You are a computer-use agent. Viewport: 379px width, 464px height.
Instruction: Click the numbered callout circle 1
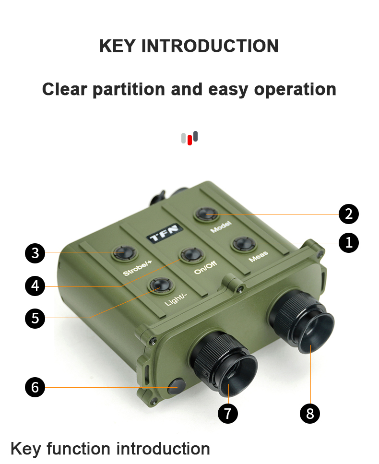[348, 243]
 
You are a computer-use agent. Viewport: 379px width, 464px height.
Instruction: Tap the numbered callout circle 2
[348, 214]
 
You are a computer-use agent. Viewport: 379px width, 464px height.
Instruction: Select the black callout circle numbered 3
[35, 253]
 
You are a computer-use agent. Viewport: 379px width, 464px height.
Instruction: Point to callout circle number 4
[35, 286]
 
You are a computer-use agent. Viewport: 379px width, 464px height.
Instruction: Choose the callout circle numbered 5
[35, 319]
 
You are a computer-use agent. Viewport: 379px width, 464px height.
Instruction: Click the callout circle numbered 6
[35, 387]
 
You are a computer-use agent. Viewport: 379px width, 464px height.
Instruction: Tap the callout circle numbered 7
[228, 414]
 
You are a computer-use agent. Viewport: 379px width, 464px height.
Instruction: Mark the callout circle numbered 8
[310, 414]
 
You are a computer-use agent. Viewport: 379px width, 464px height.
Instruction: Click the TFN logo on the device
[165, 233]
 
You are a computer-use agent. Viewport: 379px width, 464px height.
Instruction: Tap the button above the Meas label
[244, 244]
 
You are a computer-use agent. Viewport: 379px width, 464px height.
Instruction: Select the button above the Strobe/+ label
[124, 253]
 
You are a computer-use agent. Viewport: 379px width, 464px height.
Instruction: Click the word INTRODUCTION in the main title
[210, 46]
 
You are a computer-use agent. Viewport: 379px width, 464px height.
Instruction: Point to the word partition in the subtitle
[129, 89]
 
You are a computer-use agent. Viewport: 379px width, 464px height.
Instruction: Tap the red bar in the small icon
[189, 140]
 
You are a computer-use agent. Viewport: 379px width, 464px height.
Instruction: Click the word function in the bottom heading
[78, 449]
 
